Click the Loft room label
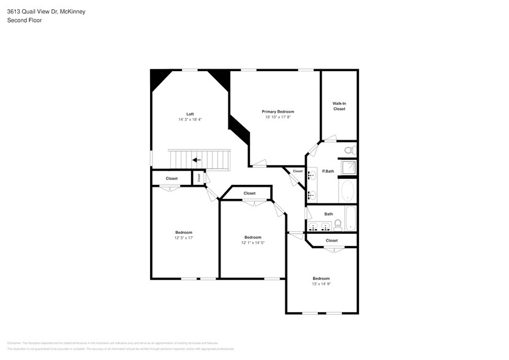click(x=190, y=114)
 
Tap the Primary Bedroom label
click(x=277, y=111)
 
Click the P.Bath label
click(x=328, y=171)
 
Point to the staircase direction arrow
click(x=197, y=160)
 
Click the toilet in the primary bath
click(x=349, y=150)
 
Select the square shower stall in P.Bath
click(x=347, y=168)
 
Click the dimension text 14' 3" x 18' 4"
click(x=190, y=119)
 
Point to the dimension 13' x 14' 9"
click(x=321, y=283)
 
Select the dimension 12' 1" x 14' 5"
click(x=252, y=243)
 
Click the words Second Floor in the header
click(x=20, y=20)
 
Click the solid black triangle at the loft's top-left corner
click(x=158, y=78)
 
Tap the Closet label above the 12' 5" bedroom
click(x=172, y=178)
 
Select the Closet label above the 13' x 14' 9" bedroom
click(x=331, y=241)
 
